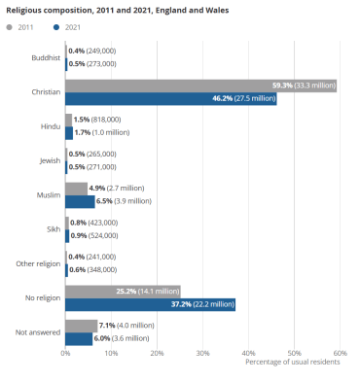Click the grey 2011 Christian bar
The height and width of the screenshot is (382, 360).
click(x=195, y=86)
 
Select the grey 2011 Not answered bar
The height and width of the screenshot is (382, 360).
click(x=81, y=325)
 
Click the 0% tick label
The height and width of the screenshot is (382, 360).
click(x=65, y=353)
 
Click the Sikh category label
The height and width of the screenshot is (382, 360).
click(x=53, y=228)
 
